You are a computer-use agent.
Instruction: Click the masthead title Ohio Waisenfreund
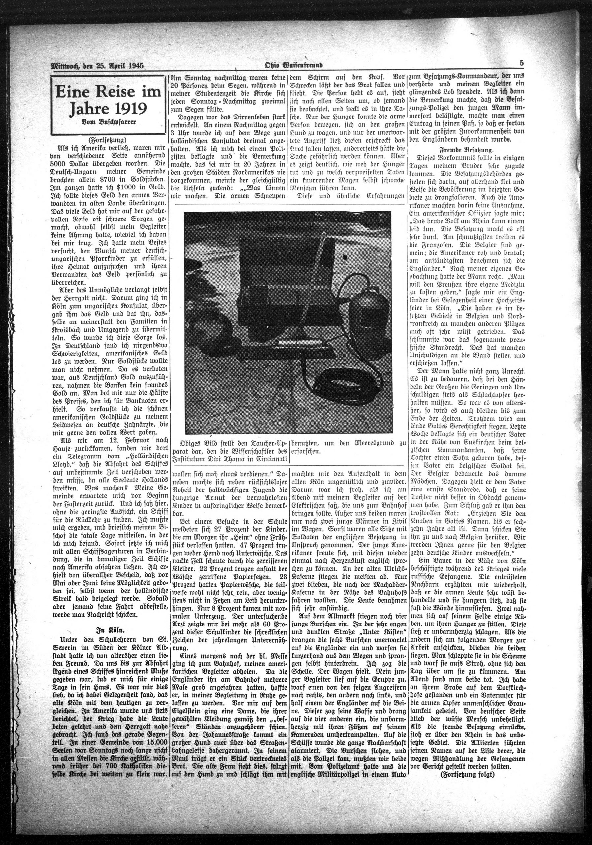(294, 66)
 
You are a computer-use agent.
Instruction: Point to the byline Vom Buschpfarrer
(108, 123)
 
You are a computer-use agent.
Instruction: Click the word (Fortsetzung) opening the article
(108, 140)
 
